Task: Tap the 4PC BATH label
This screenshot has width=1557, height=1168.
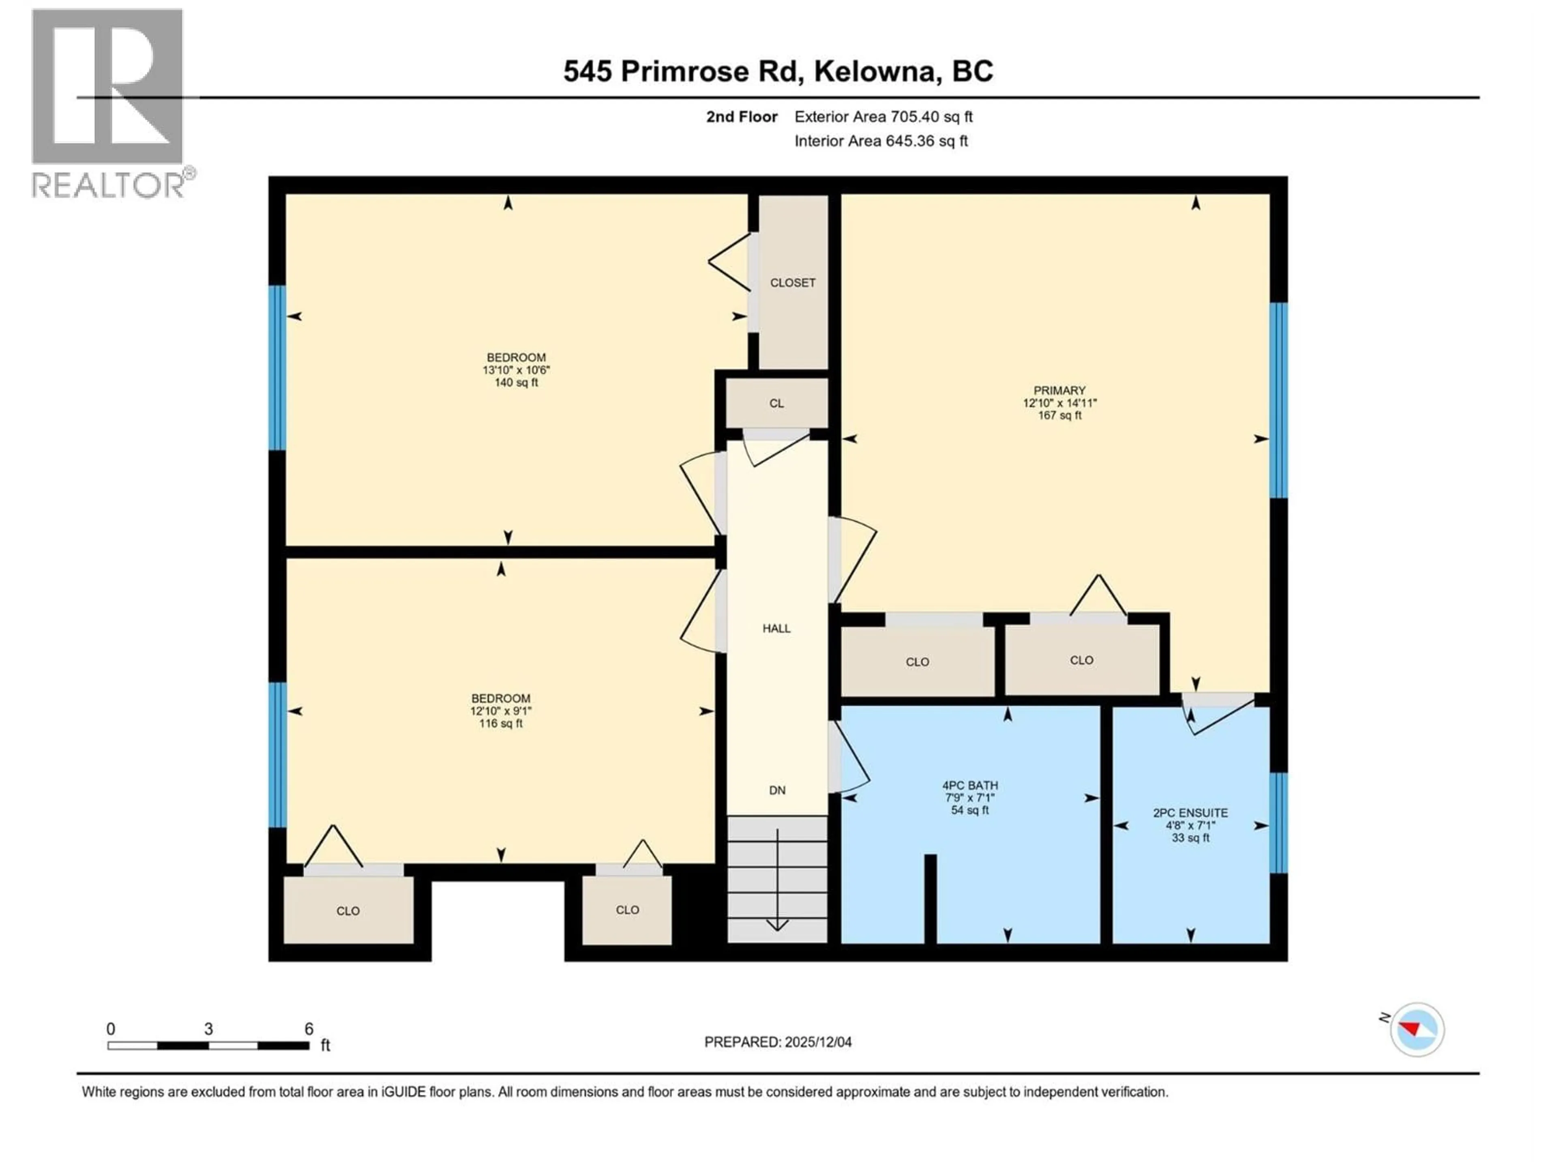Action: pyautogui.click(x=970, y=785)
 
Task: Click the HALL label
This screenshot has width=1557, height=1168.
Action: pyautogui.click(x=776, y=628)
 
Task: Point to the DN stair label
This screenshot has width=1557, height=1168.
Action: pyautogui.click(x=777, y=790)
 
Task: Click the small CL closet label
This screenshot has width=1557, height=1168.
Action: pyautogui.click(x=776, y=404)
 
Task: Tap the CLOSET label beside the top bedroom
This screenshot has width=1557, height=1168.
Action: pyautogui.click(x=793, y=282)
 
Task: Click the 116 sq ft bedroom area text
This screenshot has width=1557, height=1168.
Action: pyautogui.click(x=500, y=723)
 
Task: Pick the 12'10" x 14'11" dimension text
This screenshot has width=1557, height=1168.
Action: pyautogui.click(x=1059, y=403)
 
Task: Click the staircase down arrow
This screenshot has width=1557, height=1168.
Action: pyautogui.click(x=777, y=880)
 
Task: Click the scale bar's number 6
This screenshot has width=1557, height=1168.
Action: pyautogui.click(x=308, y=1028)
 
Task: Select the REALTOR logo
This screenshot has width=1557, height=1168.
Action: pyautogui.click(x=109, y=102)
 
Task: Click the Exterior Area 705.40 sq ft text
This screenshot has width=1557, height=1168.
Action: pyautogui.click(x=884, y=117)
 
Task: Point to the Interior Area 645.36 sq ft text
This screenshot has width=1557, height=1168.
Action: pyautogui.click(x=881, y=141)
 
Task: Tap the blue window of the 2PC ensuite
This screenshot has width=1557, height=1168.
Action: pyautogui.click(x=1279, y=822)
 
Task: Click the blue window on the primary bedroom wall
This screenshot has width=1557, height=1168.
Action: pyautogui.click(x=1279, y=400)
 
